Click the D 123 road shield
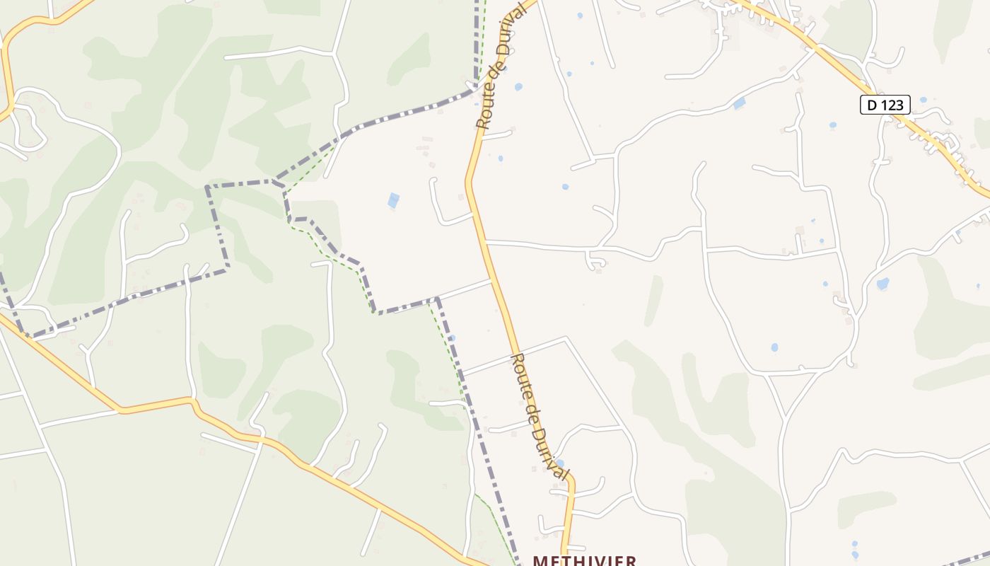pos(885,105)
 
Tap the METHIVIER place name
pos(584,560)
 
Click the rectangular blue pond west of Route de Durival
pos(393,200)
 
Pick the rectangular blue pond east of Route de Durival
pos(739,104)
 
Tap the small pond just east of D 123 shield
pos(922,100)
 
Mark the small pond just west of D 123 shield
pos(832,125)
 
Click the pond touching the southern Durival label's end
pos(560,463)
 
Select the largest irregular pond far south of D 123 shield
pos(883,284)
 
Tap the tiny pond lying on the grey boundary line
pos(452,338)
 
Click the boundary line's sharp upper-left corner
pos(208,187)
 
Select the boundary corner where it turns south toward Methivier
pos(437,299)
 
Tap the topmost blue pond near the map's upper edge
pos(579,15)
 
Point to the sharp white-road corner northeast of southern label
pos(566,340)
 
